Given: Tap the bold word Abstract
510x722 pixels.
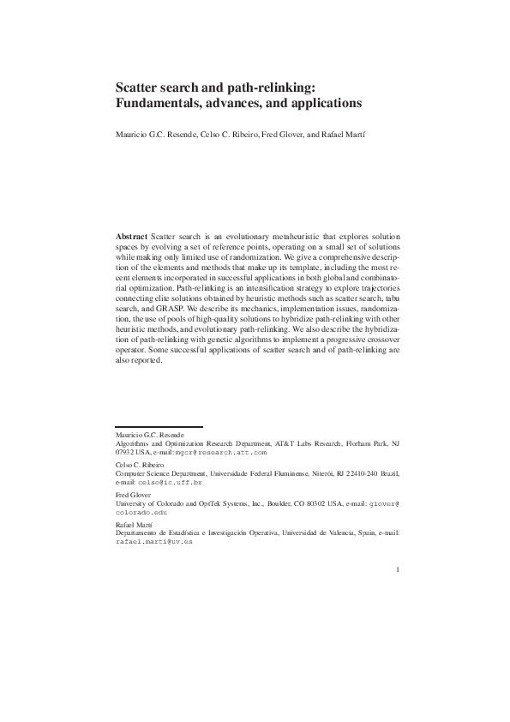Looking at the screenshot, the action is pos(131,235).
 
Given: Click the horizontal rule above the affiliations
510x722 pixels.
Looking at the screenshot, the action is pos(159,426).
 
